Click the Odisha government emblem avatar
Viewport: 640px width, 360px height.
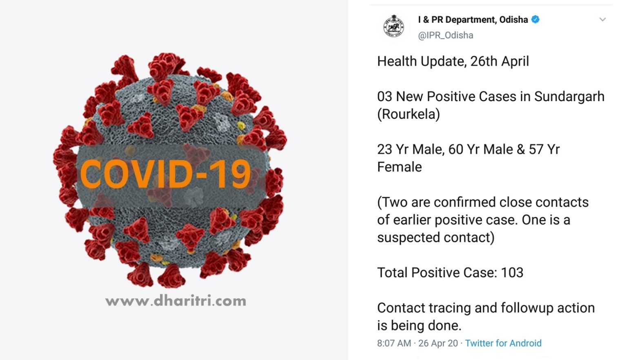394,27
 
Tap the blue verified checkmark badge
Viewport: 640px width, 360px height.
535,20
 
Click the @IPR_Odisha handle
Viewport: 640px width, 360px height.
445,35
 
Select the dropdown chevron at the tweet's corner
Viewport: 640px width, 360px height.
602,20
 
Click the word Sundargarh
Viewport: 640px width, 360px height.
569,97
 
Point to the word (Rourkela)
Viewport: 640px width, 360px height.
409,114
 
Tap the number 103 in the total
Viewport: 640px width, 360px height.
512,272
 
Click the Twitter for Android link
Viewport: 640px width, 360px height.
503,343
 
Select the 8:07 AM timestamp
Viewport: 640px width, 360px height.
394,343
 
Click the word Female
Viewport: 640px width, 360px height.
400,167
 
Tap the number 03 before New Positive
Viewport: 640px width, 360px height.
384,97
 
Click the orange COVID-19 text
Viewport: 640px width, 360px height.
165,174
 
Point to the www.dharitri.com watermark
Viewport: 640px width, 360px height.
176,301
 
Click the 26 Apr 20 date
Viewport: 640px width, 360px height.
438,343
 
